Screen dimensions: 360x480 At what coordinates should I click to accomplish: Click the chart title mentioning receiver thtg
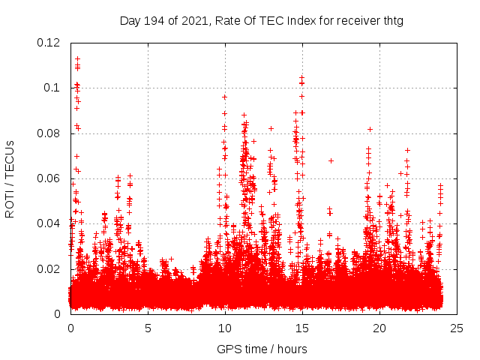click(x=262, y=21)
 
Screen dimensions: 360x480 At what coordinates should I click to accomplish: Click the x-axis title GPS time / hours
click(x=262, y=349)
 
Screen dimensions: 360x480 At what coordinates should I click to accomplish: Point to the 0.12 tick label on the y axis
click(x=49, y=43)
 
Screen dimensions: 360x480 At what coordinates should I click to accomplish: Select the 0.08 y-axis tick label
click(x=49, y=133)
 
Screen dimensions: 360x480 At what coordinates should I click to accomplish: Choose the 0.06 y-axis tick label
click(x=49, y=178)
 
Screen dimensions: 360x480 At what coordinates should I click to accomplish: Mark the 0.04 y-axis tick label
click(x=49, y=223)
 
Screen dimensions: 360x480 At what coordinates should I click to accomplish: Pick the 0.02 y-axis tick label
click(x=49, y=269)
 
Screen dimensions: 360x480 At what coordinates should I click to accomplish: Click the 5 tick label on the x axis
click(x=148, y=328)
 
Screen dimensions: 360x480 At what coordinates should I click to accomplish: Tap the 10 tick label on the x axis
click(x=225, y=328)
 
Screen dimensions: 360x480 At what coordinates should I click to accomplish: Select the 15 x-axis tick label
click(x=302, y=328)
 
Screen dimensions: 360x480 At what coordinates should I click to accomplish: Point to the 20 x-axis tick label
click(x=379, y=328)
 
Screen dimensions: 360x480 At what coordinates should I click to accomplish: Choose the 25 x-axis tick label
click(x=457, y=328)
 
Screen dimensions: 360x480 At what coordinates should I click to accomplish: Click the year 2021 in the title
click(x=190, y=21)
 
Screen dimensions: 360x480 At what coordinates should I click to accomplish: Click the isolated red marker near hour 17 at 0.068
click(x=331, y=160)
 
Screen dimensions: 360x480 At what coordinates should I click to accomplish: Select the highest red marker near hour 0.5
click(x=77, y=58)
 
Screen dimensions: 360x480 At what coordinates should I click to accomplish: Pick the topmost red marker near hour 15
click(x=301, y=77)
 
